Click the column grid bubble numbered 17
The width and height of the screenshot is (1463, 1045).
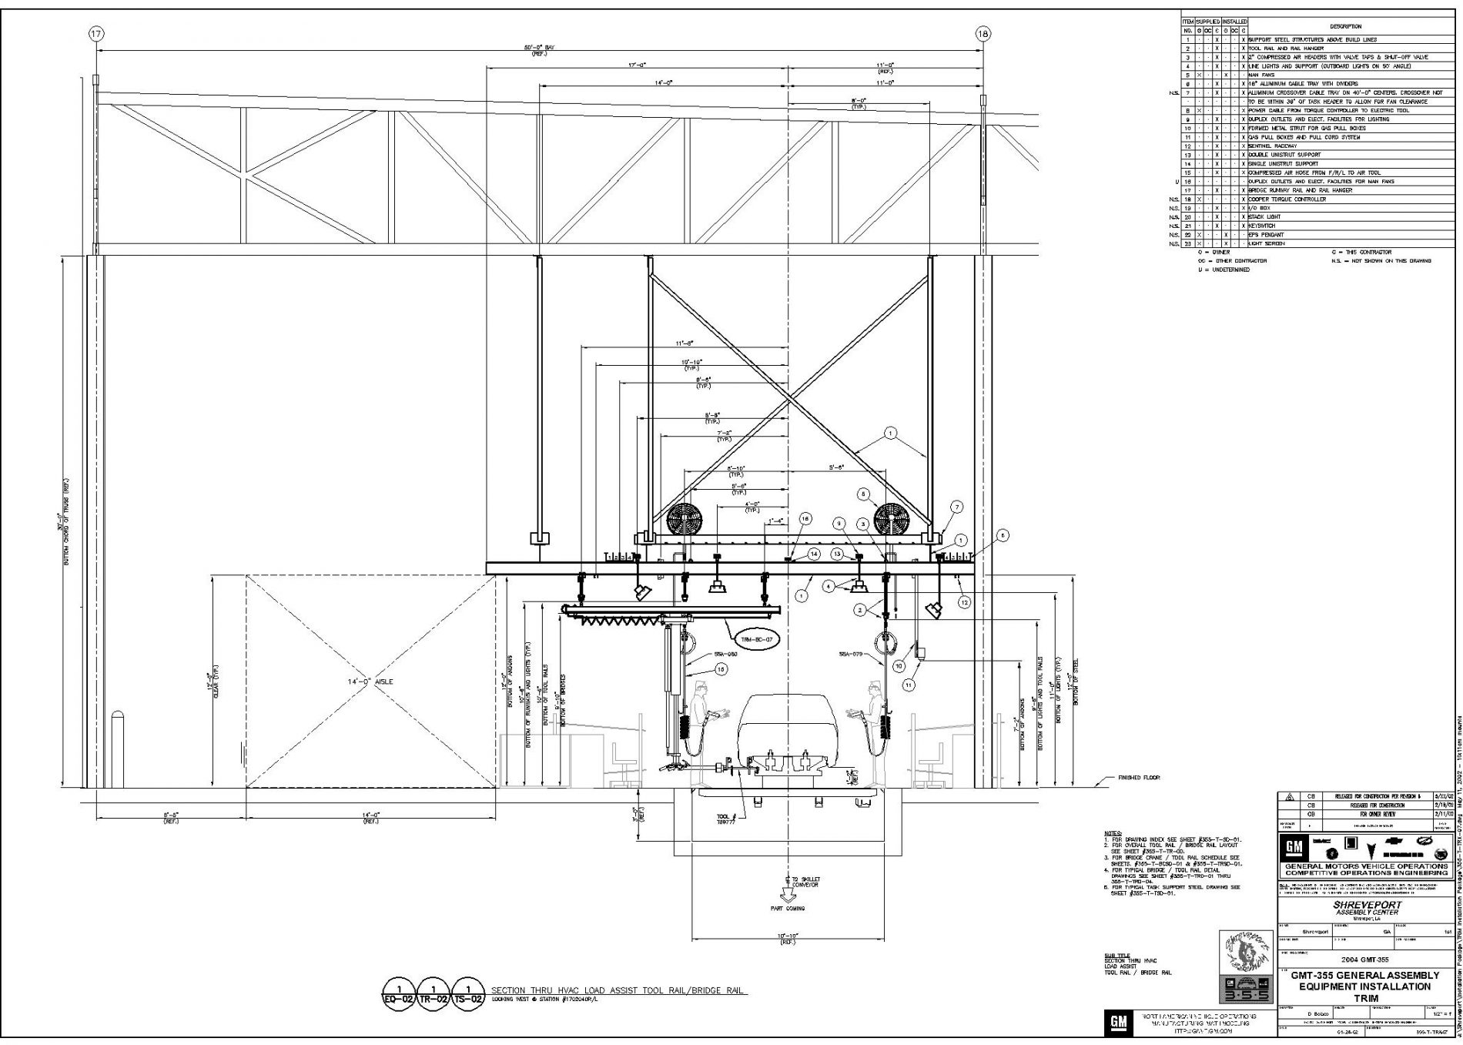[x=96, y=34]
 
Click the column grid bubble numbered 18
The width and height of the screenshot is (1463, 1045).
[x=983, y=34]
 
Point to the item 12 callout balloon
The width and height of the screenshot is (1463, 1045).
[x=964, y=603]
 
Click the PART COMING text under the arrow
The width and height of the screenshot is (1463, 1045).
[x=788, y=909]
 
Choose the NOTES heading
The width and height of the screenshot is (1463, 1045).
[x=1113, y=833]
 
